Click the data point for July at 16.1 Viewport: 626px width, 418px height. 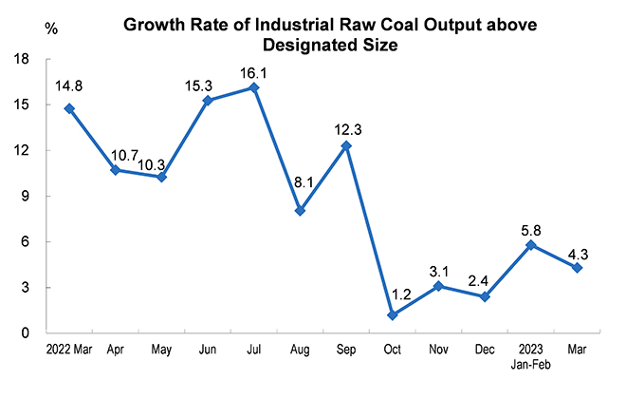254,87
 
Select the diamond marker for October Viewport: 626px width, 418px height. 392,314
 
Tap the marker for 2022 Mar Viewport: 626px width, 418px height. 69,108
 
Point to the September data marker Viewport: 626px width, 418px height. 346,145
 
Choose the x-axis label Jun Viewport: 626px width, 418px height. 208,350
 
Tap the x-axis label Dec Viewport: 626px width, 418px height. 485,350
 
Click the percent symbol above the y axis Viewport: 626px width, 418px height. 49,29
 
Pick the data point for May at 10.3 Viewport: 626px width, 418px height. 161,177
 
